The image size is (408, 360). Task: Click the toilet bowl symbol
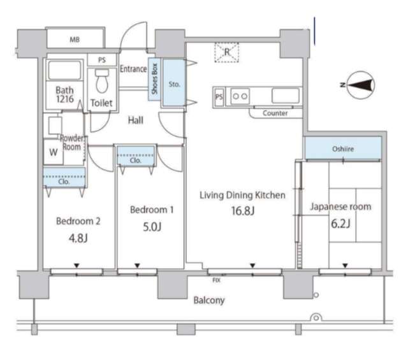(102, 81)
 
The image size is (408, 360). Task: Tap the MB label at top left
(75, 40)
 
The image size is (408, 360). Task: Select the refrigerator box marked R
(227, 52)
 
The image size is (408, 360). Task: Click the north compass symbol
(361, 85)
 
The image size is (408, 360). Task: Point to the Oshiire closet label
(343, 149)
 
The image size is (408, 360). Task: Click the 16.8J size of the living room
(243, 211)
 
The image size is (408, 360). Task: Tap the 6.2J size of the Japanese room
(340, 224)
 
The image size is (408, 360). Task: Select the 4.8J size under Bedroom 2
(78, 238)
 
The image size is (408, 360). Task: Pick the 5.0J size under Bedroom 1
(152, 227)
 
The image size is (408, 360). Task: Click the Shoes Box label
(154, 79)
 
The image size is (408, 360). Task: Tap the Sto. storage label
(174, 84)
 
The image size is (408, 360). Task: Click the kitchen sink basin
(286, 96)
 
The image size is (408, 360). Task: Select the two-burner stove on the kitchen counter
(240, 96)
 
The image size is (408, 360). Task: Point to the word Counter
(275, 113)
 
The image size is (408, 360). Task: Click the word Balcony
(209, 301)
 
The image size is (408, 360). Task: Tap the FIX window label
(217, 280)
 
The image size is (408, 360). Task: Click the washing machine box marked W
(54, 152)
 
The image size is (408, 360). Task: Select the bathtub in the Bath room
(64, 70)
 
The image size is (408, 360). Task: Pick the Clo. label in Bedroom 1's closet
(136, 161)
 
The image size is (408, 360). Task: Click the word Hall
(136, 120)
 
